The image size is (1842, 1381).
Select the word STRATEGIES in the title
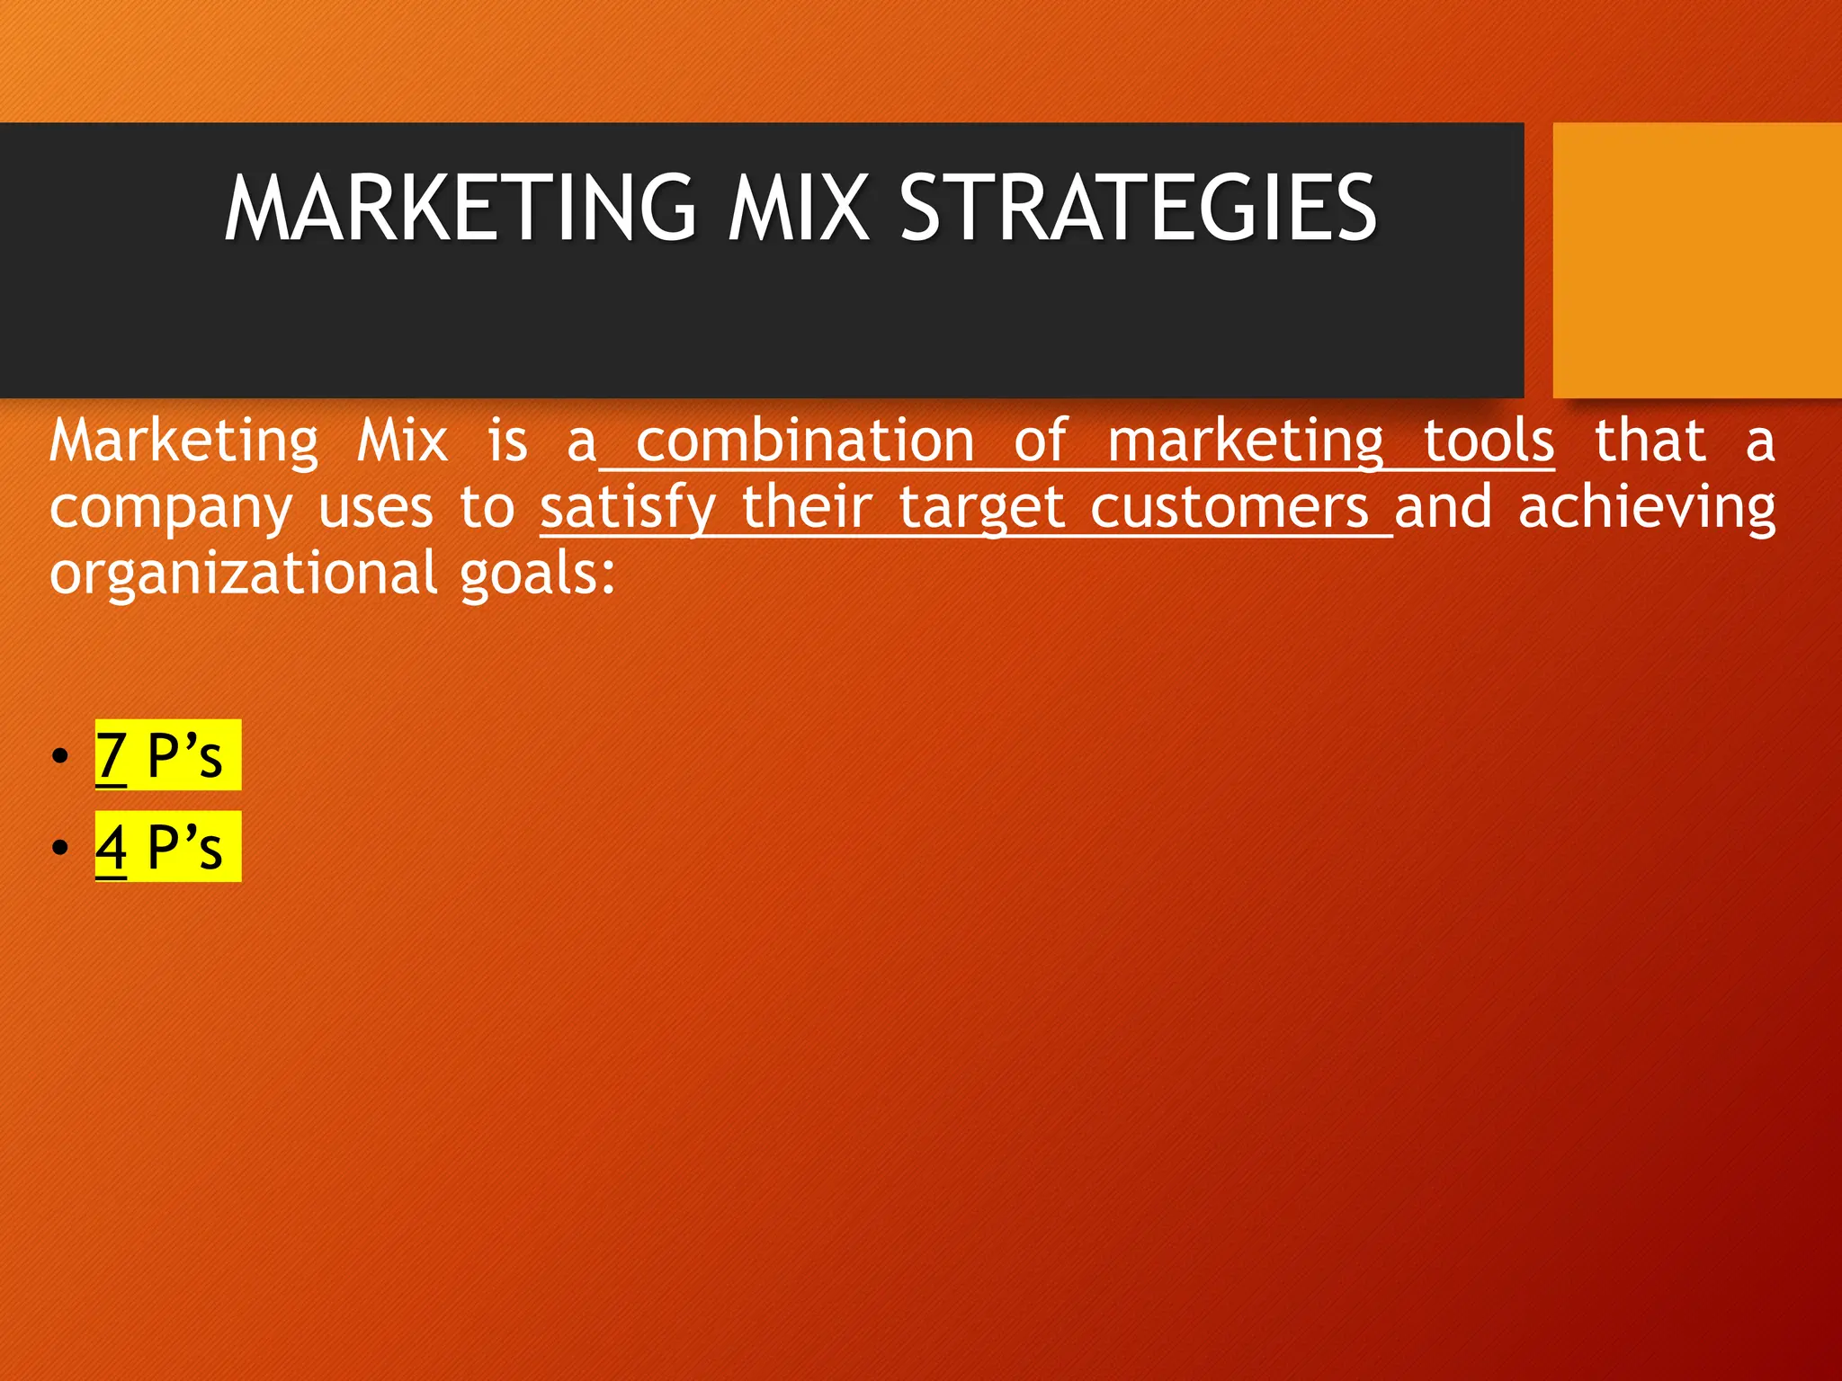[x=1138, y=209]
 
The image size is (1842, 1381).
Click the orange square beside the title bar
[x=1696, y=260]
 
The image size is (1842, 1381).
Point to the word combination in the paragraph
[x=805, y=441]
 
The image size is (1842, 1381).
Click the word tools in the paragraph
[x=1489, y=441]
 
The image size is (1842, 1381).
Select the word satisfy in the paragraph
[x=627, y=508]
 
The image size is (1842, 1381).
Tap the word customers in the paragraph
[x=1229, y=508]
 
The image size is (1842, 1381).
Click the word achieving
[x=1647, y=508]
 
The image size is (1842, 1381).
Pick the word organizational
[x=243, y=575]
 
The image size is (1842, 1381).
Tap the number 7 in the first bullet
[x=111, y=755]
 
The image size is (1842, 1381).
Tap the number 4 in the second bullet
[x=111, y=847]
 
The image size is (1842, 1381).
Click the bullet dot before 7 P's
[x=60, y=755]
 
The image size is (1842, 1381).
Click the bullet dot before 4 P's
[x=60, y=847]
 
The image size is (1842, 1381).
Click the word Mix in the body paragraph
[x=402, y=441]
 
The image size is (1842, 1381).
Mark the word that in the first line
[x=1650, y=441]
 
